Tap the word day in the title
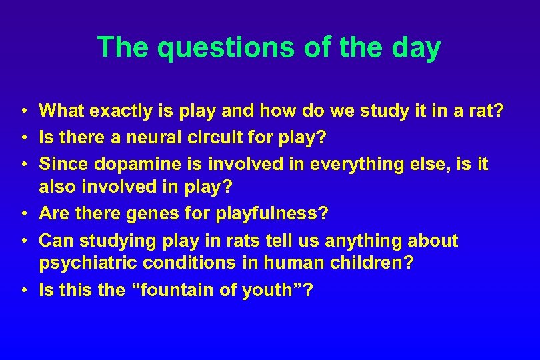click(x=417, y=48)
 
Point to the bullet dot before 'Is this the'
click(x=23, y=291)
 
